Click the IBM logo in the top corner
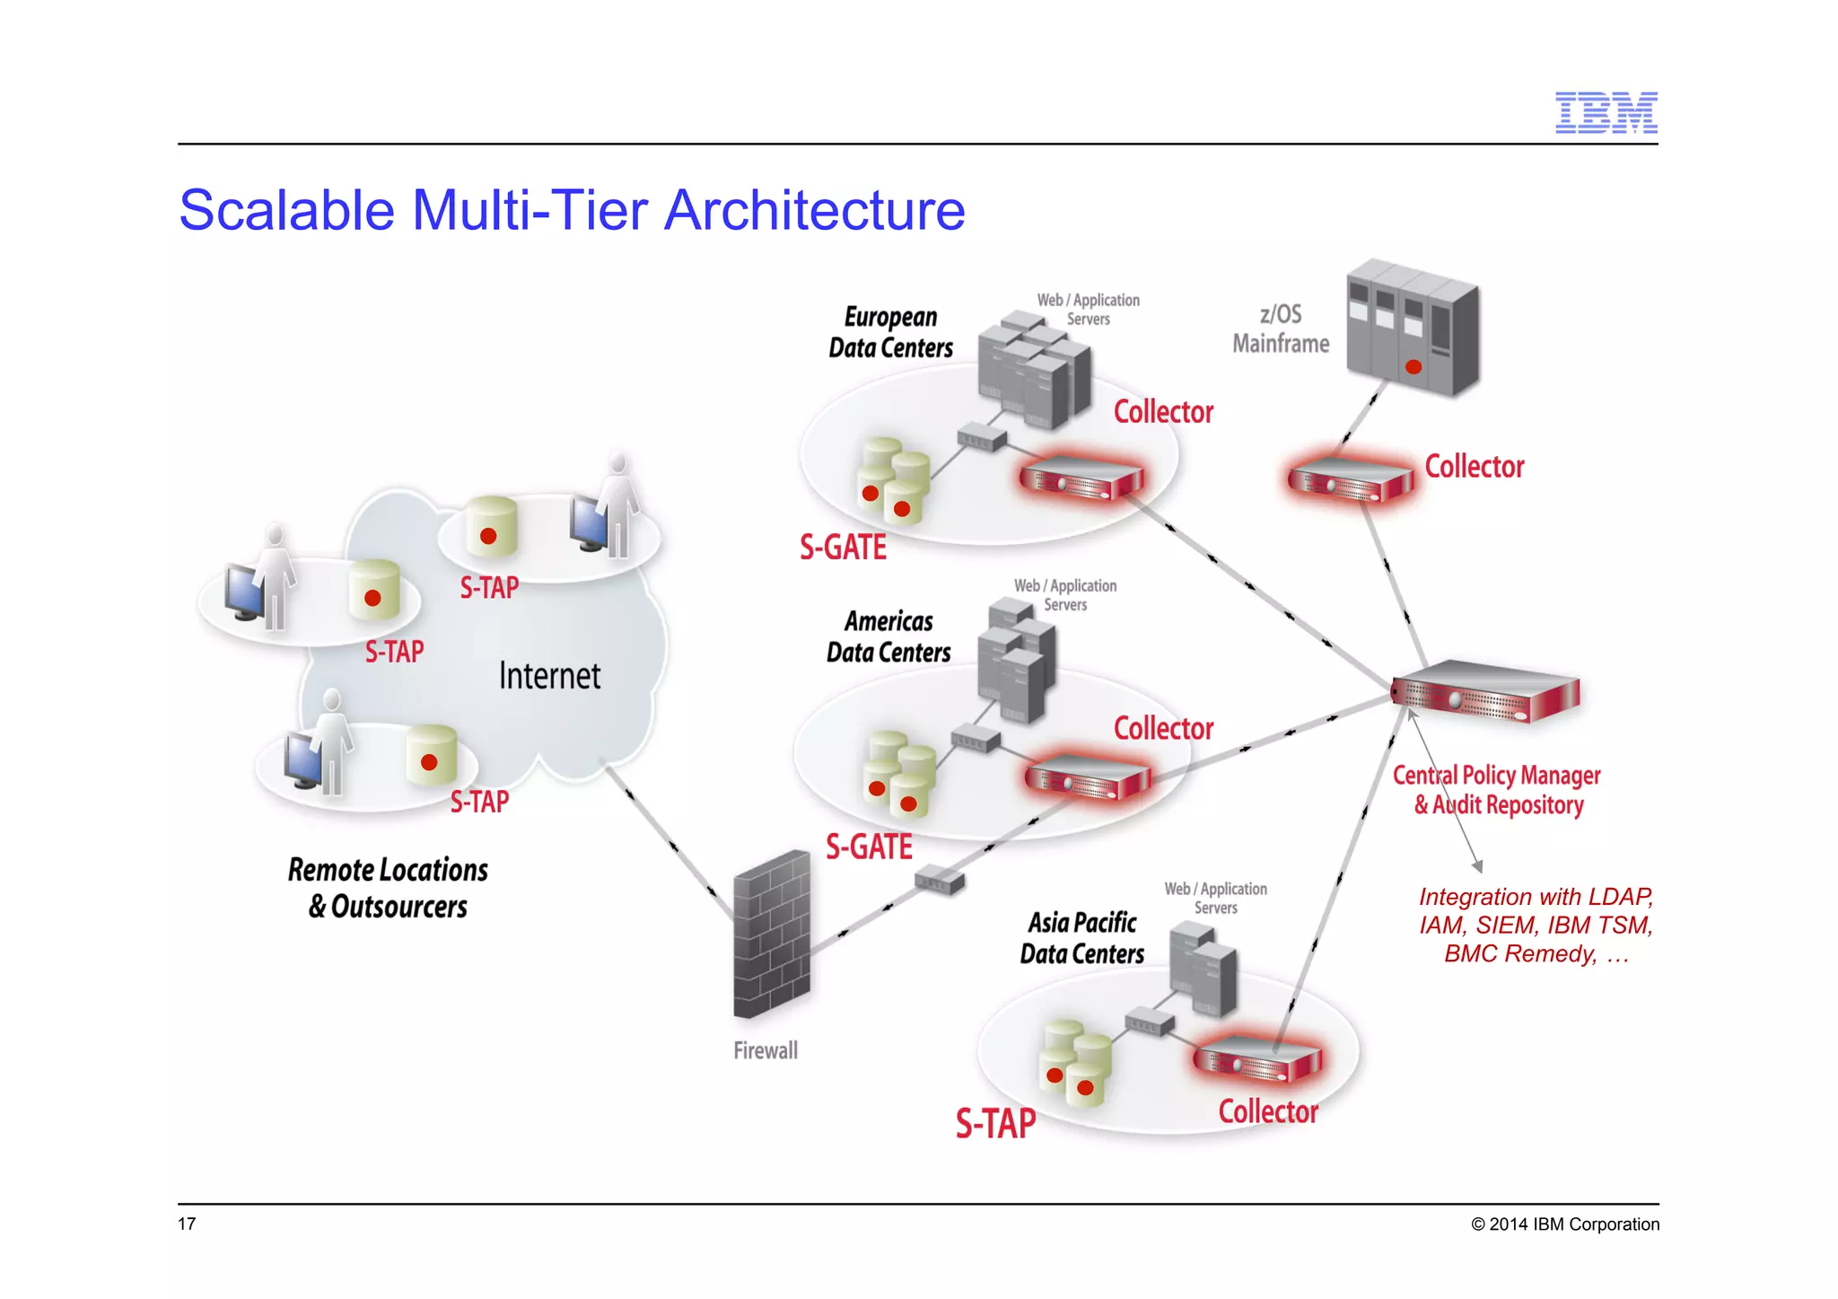1606,113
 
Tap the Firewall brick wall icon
770,935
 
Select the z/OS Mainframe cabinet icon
1412,328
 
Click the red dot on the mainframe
1414,367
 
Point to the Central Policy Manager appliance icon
1485,691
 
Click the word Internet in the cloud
549,676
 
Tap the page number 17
187,1224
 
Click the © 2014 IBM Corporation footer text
1564,1224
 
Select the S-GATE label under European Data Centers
843,547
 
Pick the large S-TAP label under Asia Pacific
995,1123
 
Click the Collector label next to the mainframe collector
1474,467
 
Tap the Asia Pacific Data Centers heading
1081,938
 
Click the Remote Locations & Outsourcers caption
388,888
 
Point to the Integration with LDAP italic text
1536,925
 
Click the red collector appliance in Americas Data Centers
1087,777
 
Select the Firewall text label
765,1050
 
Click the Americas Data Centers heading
888,636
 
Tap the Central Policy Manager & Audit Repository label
1497,790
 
